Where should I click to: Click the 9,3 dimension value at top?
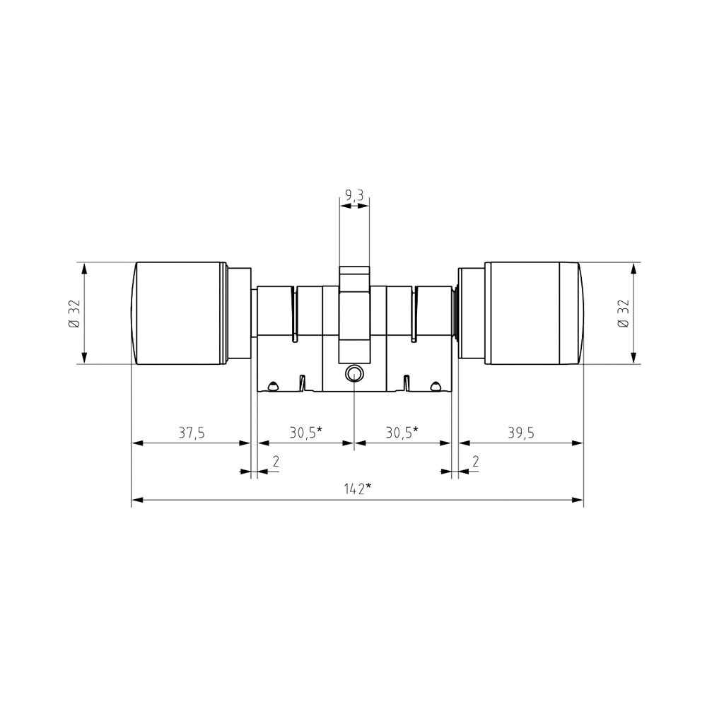(354, 195)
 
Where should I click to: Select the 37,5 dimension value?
(192, 433)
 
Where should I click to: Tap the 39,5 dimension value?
(521, 433)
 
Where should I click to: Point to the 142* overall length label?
(358, 489)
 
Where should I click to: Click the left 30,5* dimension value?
(305, 433)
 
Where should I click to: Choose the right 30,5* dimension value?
(402, 433)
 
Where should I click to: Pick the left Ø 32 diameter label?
(75, 313)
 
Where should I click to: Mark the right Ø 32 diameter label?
(624, 313)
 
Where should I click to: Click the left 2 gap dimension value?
(276, 461)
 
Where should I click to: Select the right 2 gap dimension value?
(475, 461)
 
